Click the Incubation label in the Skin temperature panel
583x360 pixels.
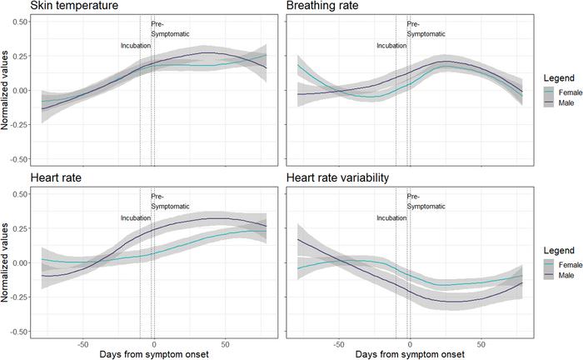click(x=135, y=46)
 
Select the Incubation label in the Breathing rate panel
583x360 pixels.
click(x=391, y=46)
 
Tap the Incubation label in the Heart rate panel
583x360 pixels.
click(x=135, y=218)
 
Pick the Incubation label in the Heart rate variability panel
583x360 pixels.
click(x=391, y=218)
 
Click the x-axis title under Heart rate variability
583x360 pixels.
click(x=409, y=355)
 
